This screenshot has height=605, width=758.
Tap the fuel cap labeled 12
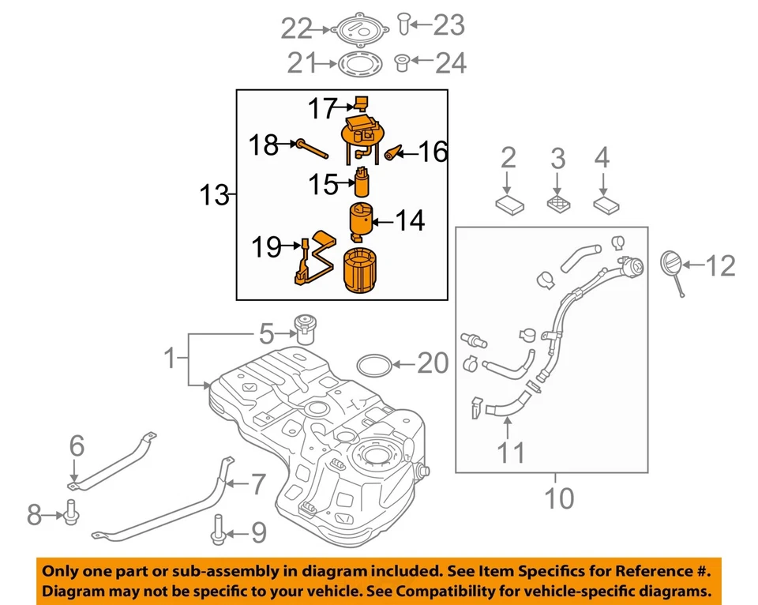[670, 264]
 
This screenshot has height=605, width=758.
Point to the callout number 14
[410, 220]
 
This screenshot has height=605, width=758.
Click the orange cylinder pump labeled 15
[362, 182]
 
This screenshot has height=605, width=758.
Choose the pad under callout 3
[558, 203]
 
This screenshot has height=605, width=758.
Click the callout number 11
[510, 453]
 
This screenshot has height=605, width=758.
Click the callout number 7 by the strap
[258, 484]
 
